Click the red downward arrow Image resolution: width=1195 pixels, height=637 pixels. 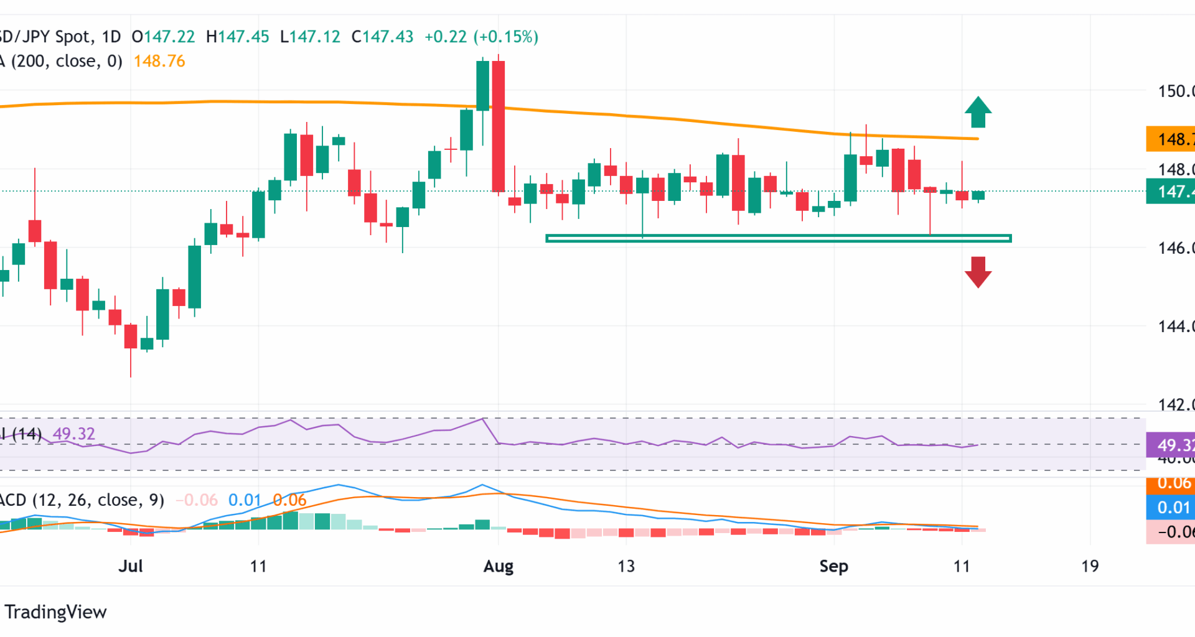point(978,272)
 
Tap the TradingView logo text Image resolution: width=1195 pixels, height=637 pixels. point(55,612)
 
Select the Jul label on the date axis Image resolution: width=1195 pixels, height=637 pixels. point(131,566)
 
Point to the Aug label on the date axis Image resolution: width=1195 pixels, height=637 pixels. point(499,566)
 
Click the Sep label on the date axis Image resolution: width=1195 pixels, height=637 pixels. point(833,566)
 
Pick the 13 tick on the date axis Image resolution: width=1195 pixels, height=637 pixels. point(626,566)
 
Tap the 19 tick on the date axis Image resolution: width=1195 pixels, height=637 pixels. point(1089,566)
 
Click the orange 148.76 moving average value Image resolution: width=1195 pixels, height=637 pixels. point(159,61)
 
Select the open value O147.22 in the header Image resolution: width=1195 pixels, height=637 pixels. point(163,37)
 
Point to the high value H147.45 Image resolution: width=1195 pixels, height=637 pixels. point(237,37)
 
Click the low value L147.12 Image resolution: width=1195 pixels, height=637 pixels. point(310,37)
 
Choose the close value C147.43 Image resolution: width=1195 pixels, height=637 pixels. point(382,37)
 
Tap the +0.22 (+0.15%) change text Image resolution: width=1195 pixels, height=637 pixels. point(481,37)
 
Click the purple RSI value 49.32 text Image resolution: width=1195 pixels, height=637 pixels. point(74,434)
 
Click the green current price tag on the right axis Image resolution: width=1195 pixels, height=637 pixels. point(1170,192)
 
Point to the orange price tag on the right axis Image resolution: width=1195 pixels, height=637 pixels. point(1170,139)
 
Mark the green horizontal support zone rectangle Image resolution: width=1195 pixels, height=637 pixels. point(778,238)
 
